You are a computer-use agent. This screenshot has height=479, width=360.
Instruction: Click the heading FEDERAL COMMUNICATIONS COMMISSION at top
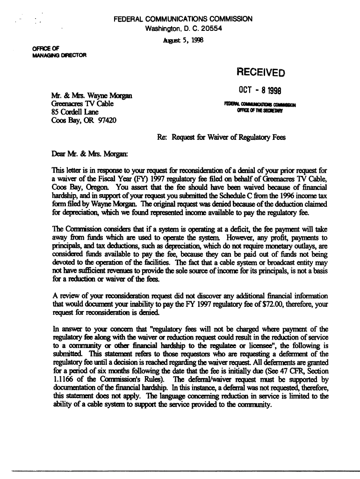(x=183, y=19)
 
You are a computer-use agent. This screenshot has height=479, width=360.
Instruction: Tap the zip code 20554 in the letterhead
(x=211, y=29)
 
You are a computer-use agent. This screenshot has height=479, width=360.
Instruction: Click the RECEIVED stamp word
(x=261, y=73)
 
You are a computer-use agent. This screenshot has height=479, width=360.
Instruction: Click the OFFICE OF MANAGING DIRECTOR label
(x=56, y=52)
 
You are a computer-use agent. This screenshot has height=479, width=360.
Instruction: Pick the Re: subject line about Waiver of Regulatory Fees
(x=221, y=138)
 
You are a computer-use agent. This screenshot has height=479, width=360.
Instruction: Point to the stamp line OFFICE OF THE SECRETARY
(x=261, y=110)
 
